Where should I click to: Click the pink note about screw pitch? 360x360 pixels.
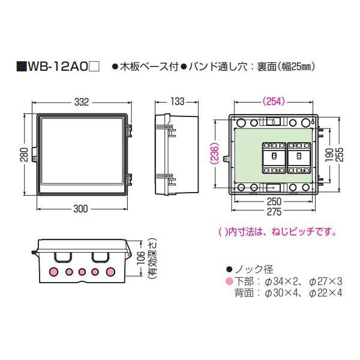[x=277, y=231]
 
